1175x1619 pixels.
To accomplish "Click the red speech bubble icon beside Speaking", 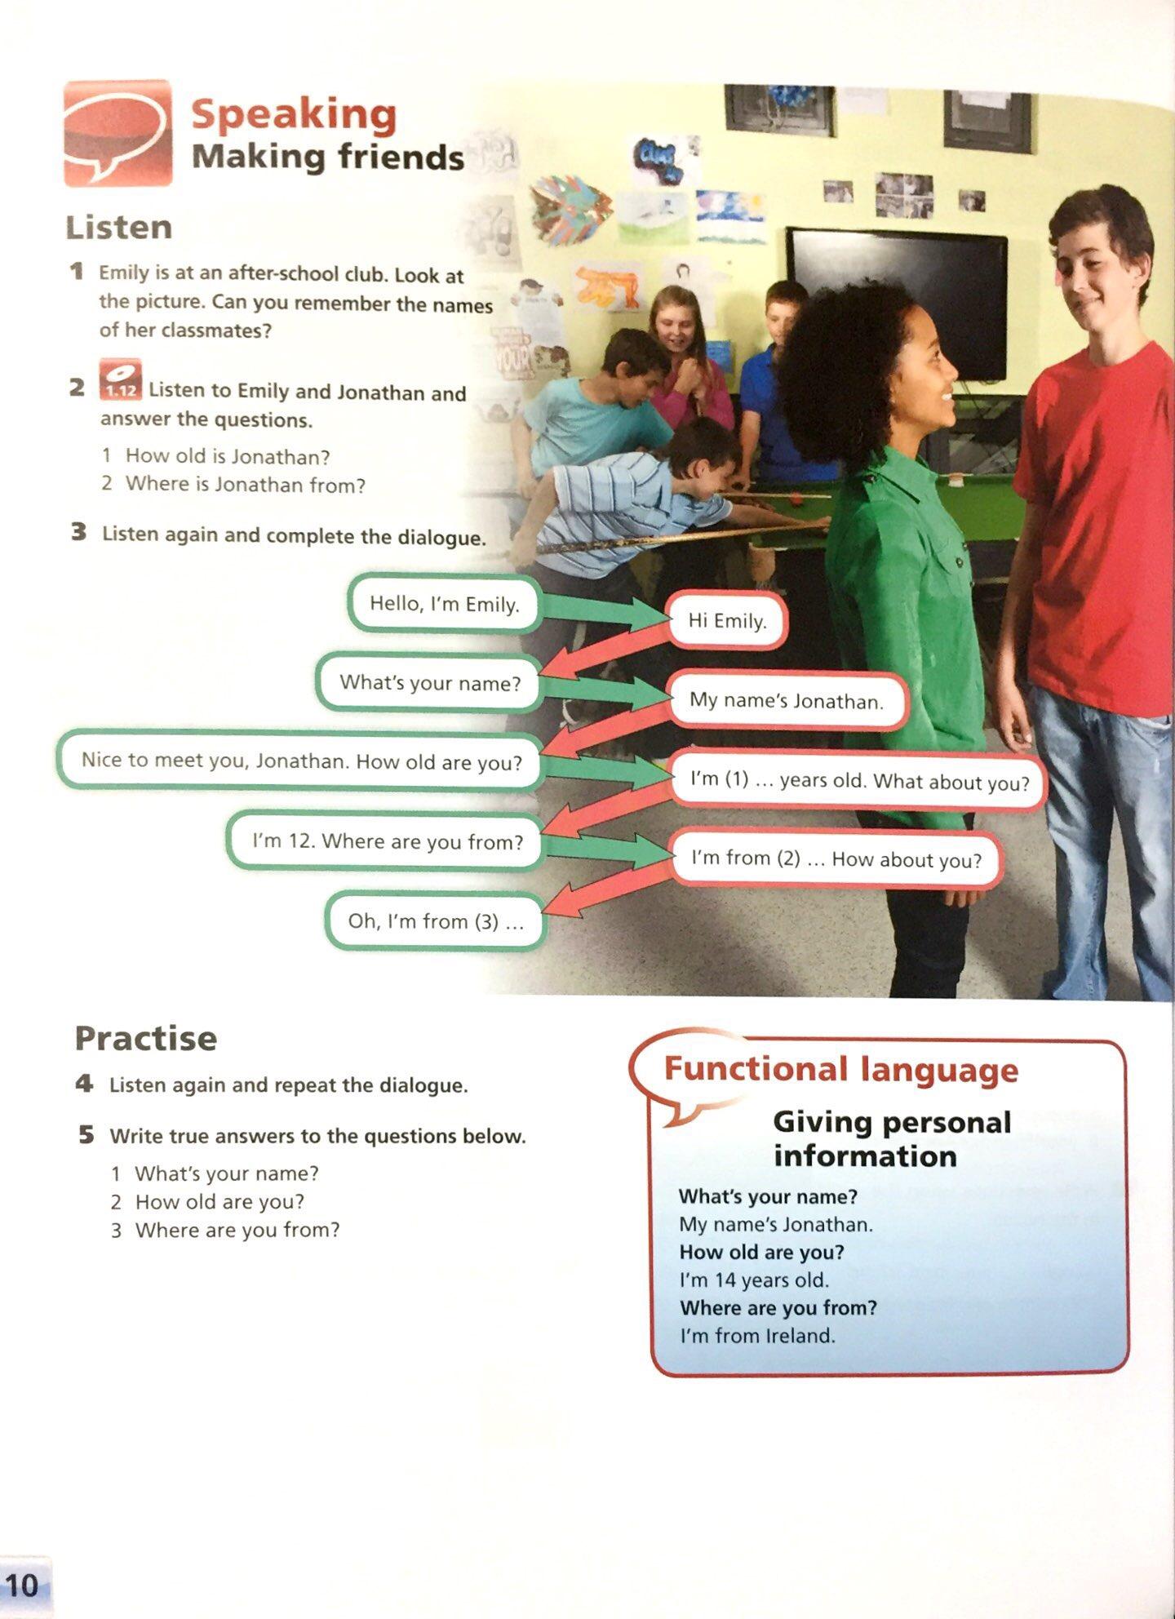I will [x=117, y=133].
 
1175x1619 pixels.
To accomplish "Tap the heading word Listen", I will [x=119, y=228].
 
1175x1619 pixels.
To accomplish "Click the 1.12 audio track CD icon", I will [x=121, y=379].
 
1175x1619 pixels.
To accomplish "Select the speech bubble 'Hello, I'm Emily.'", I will [x=445, y=604].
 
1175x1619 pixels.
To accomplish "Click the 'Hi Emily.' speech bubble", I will [x=727, y=621].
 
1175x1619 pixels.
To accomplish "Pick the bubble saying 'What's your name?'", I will [x=430, y=682].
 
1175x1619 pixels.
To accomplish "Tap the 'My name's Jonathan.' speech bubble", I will [x=787, y=700].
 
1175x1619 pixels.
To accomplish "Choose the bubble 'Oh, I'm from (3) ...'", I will [x=436, y=921].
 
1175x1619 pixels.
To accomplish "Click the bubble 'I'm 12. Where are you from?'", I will [x=387, y=841].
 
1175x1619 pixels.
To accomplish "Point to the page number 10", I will [x=23, y=1585].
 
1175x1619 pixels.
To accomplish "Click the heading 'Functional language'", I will [x=840, y=1069].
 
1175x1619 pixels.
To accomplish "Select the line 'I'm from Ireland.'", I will [x=757, y=1336].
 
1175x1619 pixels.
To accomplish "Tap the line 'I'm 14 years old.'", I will [x=754, y=1280].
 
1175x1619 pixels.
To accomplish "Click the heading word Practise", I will [x=146, y=1039].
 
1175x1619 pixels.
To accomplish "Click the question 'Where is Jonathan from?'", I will [x=245, y=485].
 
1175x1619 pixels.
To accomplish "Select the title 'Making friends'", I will [x=328, y=157].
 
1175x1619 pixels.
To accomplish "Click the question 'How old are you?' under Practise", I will [x=219, y=1202].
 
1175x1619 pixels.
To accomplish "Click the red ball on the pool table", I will [x=795, y=495].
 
